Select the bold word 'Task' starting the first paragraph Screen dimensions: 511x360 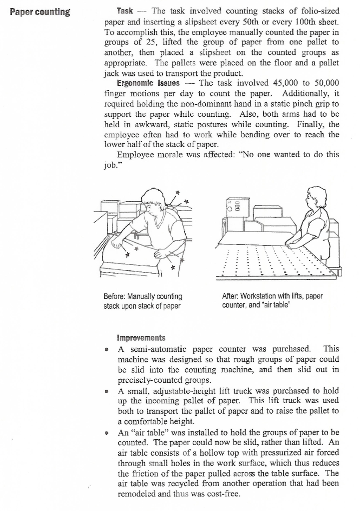click(124, 10)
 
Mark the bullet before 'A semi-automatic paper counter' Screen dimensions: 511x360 click(108, 348)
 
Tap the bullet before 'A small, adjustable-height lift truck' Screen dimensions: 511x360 click(108, 391)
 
